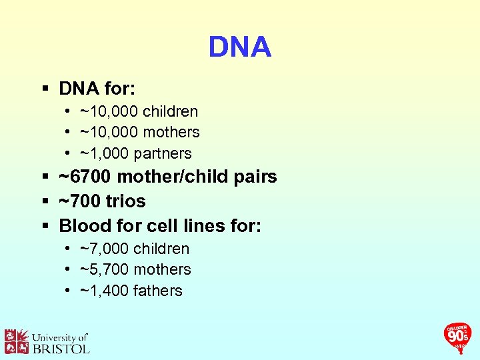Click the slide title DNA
[x=239, y=47]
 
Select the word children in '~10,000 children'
[x=170, y=111]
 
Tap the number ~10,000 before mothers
[x=108, y=133]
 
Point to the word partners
[x=163, y=153]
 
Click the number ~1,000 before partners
[x=105, y=153]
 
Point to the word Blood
[x=83, y=225]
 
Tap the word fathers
[x=158, y=291]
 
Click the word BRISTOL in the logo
[x=61, y=347]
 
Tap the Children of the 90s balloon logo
[x=457, y=337]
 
